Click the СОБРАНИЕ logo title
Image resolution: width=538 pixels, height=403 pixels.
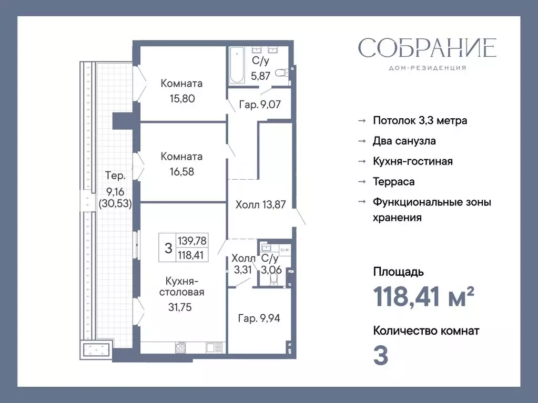tap(427, 48)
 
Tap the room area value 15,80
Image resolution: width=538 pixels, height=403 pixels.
tap(181, 98)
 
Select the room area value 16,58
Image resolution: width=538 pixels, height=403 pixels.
tap(181, 171)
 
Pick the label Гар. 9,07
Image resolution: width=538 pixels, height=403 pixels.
tap(260, 105)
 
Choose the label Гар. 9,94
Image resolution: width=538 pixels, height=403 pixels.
tap(259, 318)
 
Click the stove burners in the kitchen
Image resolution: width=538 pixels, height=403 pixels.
tap(180, 347)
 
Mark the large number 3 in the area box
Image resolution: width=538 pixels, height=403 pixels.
tap(168, 249)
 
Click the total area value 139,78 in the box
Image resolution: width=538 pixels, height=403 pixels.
tap(192, 241)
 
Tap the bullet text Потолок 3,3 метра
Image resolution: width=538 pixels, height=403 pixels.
tap(420, 120)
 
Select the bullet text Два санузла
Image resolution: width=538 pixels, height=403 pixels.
tap(404, 141)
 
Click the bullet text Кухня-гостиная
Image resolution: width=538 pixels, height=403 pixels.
tap(412, 161)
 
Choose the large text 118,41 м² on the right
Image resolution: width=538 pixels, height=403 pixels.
tap(424, 298)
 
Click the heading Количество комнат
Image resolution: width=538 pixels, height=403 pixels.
tap(426, 331)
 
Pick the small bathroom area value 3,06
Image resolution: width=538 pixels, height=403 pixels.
tap(271, 270)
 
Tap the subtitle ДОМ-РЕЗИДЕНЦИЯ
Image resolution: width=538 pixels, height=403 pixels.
tap(427, 68)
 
